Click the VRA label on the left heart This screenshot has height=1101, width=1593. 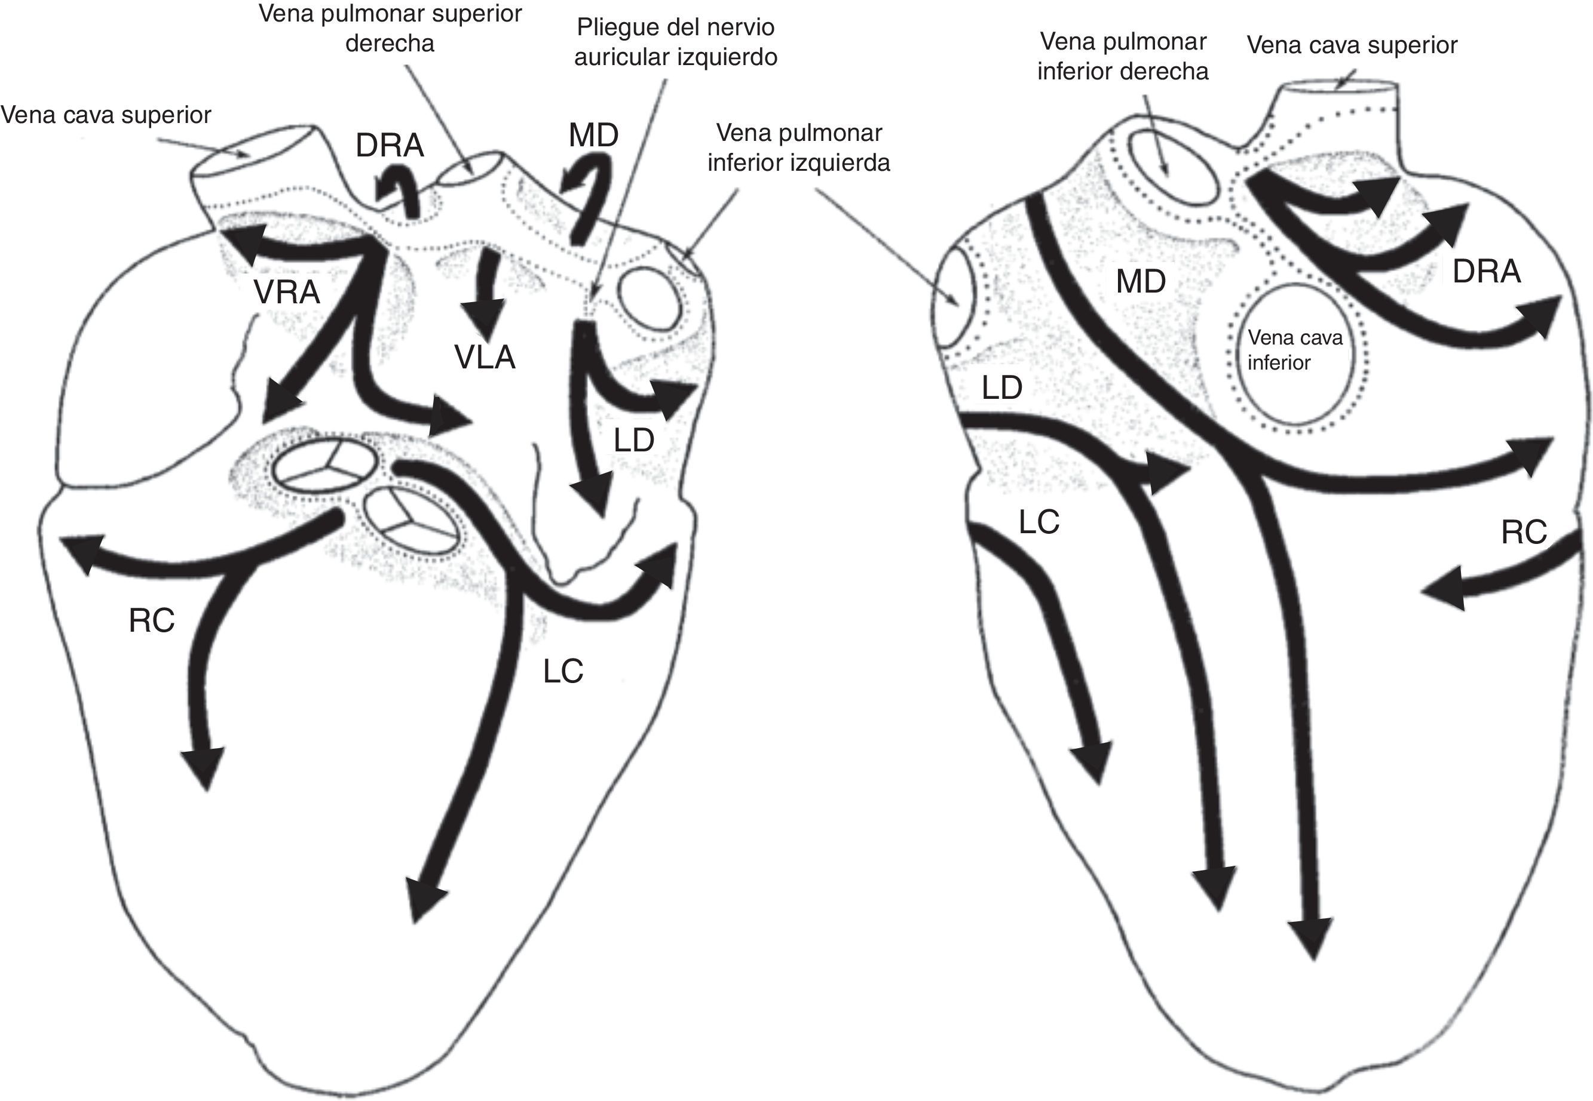click(286, 293)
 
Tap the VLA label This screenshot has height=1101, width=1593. click(485, 357)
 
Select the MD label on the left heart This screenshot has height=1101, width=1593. click(593, 135)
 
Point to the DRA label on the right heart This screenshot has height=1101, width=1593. click(1486, 271)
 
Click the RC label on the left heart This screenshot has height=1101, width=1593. click(151, 621)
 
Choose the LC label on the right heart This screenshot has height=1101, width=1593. click(1038, 522)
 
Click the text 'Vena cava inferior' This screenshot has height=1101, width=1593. click(1294, 350)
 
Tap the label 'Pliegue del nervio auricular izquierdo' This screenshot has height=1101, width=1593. click(676, 42)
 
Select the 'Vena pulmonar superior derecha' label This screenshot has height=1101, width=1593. click(390, 28)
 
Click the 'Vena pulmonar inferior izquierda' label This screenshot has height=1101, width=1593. click(798, 147)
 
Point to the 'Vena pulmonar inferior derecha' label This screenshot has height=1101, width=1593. click(1123, 57)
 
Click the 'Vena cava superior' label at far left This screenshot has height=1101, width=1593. click(106, 115)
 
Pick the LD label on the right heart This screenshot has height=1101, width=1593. click(1001, 388)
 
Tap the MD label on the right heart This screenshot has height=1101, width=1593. click(1141, 281)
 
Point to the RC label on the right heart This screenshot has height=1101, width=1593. click(1524, 532)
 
